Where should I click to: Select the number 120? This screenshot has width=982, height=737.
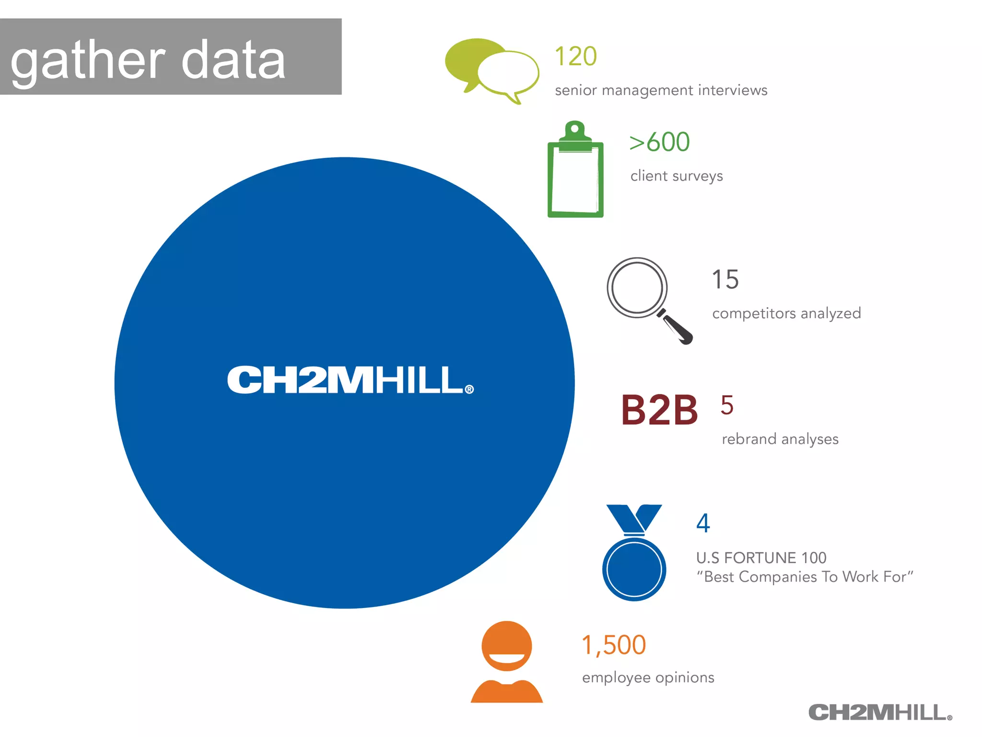click(x=575, y=56)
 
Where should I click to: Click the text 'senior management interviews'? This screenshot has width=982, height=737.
click(x=661, y=90)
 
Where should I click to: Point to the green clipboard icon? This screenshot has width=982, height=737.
click(x=575, y=170)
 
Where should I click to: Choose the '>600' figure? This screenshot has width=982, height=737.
click(x=659, y=142)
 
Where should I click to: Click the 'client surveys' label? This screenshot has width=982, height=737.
click(x=676, y=176)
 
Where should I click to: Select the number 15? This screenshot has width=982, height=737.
click(x=725, y=279)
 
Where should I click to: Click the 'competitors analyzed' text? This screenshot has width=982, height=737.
click(x=786, y=313)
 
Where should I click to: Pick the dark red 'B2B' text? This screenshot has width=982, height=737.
click(x=659, y=410)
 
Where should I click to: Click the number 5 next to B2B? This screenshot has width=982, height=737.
click(x=727, y=405)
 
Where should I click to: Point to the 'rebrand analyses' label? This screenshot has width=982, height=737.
click(x=780, y=439)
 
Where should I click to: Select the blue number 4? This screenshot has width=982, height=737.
click(x=703, y=523)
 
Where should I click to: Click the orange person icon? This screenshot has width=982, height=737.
click(x=507, y=662)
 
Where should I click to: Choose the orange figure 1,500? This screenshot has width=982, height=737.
click(x=614, y=645)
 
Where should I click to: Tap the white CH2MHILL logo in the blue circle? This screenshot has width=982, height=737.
click(x=350, y=380)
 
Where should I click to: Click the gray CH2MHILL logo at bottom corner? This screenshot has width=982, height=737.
click(x=880, y=713)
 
